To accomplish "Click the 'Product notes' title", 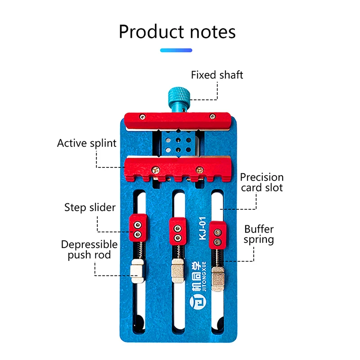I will (177, 32).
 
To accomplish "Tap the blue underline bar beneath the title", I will (176, 50).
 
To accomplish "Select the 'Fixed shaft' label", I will (217, 75).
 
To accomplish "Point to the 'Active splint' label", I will (87, 143).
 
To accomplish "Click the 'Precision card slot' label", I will (261, 182).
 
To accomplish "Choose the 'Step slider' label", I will (90, 207).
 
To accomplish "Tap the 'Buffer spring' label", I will (259, 234).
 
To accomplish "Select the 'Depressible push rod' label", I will (89, 250).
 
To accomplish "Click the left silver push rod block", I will (137, 271).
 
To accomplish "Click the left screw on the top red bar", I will (142, 117).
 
